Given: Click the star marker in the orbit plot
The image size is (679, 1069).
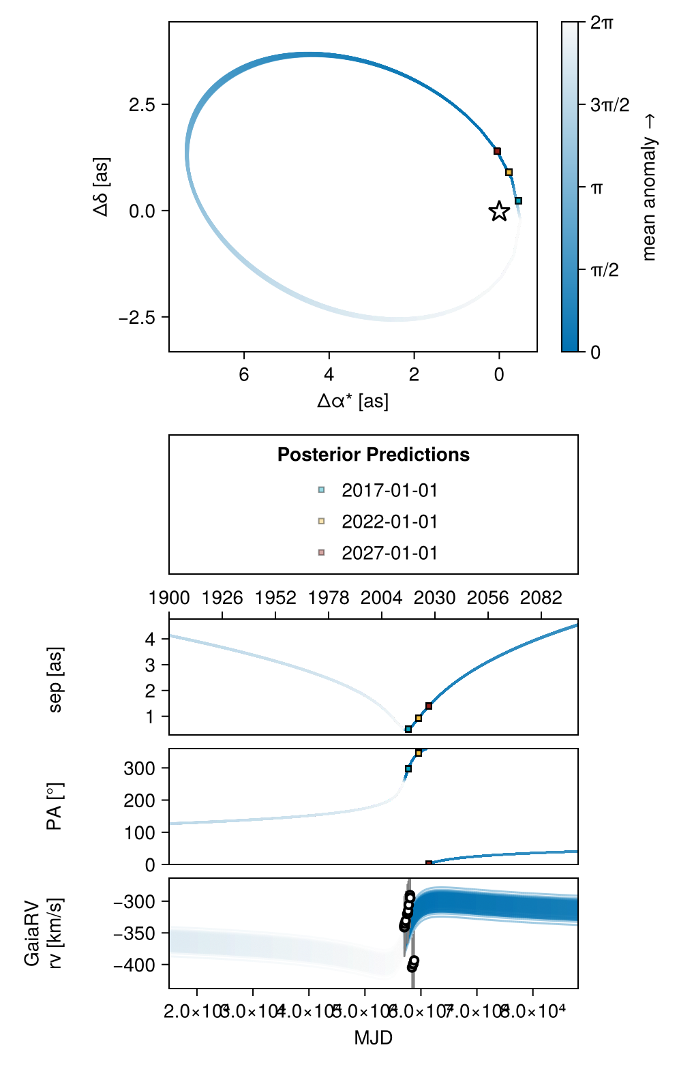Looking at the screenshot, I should [x=499, y=211].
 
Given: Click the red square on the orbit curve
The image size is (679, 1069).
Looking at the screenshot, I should [x=497, y=151].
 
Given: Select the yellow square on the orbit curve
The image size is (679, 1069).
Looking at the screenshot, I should [x=509, y=172].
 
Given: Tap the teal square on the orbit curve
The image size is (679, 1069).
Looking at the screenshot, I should [x=518, y=201].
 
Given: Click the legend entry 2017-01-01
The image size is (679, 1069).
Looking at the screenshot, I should [x=389, y=490].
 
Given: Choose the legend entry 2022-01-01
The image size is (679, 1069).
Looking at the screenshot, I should [x=389, y=522].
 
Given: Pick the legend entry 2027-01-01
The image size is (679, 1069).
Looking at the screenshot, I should [x=389, y=553].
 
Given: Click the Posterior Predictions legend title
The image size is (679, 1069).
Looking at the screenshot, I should [x=373, y=455].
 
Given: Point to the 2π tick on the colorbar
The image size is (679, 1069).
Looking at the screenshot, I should [x=601, y=22].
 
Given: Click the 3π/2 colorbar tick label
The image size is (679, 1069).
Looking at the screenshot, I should [x=609, y=105].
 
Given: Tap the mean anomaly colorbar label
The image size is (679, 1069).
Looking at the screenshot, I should [x=649, y=187].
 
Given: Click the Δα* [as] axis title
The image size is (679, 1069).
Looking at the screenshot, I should [x=352, y=401].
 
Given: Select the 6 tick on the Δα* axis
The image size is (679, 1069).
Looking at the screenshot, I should [x=244, y=374].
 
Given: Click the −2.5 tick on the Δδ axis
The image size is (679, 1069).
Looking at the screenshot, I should [x=137, y=318].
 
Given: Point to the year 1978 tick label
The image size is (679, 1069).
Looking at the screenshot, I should [x=329, y=598].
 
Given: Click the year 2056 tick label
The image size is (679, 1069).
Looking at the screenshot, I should [x=487, y=598].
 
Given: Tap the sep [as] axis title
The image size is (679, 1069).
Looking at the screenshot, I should [x=56, y=680].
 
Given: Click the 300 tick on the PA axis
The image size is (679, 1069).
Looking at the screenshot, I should [x=139, y=768].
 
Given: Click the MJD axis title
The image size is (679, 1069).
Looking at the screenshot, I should [x=373, y=1038].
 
